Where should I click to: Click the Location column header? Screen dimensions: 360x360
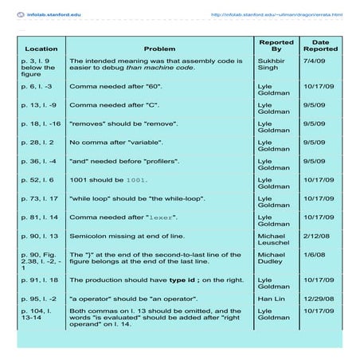[x=41, y=49]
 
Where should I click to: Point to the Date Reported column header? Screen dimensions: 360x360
[x=320, y=45]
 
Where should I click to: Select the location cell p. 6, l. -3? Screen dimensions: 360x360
[x=41, y=85]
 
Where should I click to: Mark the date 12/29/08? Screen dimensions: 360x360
[x=319, y=299]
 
